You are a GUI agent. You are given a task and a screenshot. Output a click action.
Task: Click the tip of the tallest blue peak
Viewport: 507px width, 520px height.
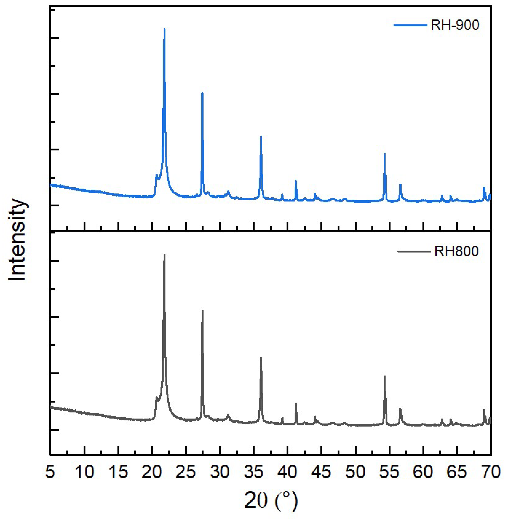[x=164, y=29]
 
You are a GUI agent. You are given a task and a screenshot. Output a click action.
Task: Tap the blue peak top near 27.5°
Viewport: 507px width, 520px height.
[x=202, y=93]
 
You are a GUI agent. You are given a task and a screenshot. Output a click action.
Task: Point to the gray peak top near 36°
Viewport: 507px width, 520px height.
[x=261, y=358]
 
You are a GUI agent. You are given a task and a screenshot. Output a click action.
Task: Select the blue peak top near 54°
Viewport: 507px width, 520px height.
[x=385, y=153]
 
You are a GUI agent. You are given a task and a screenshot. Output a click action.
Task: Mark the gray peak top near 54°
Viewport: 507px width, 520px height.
[x=385, y=376]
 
